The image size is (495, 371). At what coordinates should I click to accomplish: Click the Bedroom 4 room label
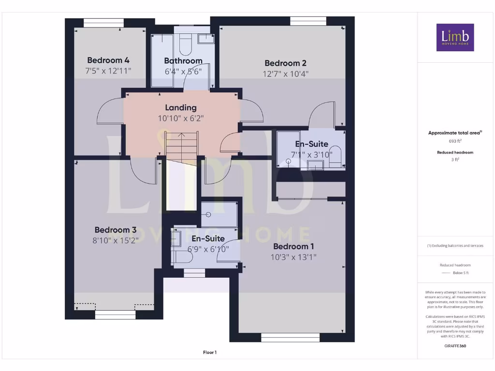pyautogui.click(x=108, y=60)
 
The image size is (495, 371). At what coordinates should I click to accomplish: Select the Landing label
pyautogui.click(x=181, y=107)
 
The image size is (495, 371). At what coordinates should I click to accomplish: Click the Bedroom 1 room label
pyautogui.click(x=293, y=246)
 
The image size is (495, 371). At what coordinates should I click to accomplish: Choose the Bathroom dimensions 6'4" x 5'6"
pyautogui.click(x=183, y=71)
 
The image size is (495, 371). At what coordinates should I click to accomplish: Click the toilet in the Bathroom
pyautogui.click(x=185, y=44)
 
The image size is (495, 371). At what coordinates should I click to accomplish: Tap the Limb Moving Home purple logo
pyautogui.click(x=455, y=37)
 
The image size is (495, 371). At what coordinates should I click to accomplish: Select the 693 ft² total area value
pyautogui.click(x=455, y=141)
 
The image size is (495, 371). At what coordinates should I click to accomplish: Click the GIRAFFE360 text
pyautogui.click(x=455, y=346)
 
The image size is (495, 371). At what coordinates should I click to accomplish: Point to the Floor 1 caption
pyautogui.click(x=210, y=353)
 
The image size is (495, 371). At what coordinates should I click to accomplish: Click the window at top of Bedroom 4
pyautogui.click(x=103, y=22)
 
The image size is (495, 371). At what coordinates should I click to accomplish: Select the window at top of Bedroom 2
pyautogui.click(x=308, y=21)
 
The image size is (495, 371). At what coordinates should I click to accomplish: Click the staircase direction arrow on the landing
pyautogui.click(x=181, y=136)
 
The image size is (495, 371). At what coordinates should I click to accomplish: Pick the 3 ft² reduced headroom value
pyautogui.click(x=455, y=159)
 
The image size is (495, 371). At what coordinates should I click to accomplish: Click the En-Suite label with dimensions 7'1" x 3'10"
pyautogui.click(x=311, y=144)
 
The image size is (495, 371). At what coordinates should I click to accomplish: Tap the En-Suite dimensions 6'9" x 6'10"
pyautogui.click(x=208, y=249)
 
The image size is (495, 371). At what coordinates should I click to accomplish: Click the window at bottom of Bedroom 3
pyautogui.click(x=114, y=315)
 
